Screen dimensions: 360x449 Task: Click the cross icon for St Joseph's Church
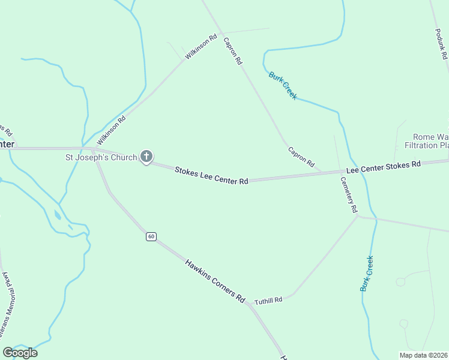(x=146, y=157)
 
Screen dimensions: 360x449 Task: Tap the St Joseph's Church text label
(x=101, y=158)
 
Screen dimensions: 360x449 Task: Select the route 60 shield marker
(x=151, y=236)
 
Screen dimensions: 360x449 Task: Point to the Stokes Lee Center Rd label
(x=211, y=176)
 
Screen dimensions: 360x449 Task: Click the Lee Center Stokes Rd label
(x=383, y=167)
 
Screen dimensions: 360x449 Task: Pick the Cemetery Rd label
(x=349, y=194)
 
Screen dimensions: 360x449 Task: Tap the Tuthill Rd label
(x=268, y=300)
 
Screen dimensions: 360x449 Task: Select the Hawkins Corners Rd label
(x=215, y=280)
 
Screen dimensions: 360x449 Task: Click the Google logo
(x=20, y=353)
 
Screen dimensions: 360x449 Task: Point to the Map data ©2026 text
(x=423, y=355)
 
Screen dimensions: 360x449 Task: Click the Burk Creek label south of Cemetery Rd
(x=367, y=274)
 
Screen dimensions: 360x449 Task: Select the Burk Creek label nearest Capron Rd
(x=283, y=85)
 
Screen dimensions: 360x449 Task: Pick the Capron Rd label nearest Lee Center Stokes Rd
(x=301, y=157)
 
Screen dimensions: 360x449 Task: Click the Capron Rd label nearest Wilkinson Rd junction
(x=232, y=51)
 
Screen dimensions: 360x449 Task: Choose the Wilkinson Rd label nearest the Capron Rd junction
(x=200, y=46)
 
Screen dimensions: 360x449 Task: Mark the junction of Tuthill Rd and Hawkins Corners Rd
(x=247, y=304)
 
